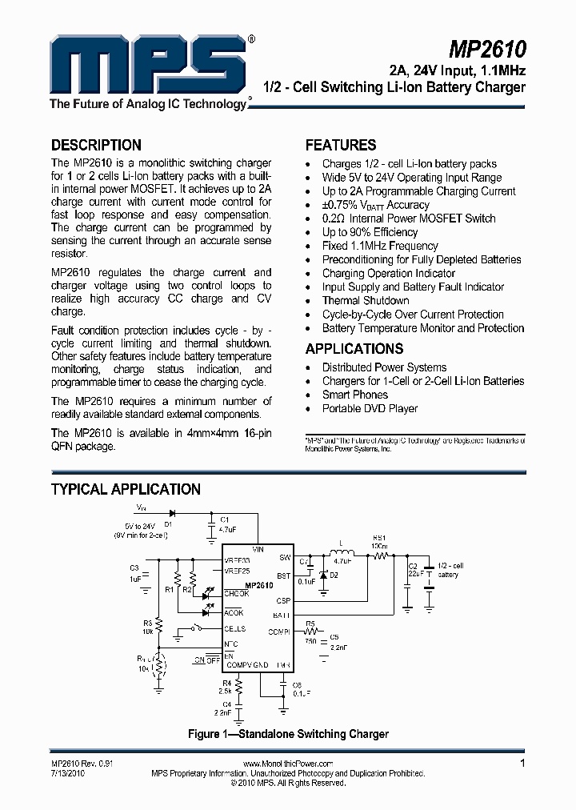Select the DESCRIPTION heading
click(x=96, y=146)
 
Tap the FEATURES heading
click(x=340, y=146)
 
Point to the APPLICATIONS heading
click(x=354, y=349)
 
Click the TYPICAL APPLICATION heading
click(x=126, y=489)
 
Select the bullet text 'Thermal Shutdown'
click(x=365, y=301)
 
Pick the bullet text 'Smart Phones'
click(x=354, y=395)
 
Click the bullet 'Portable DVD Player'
click(x=370, y=408)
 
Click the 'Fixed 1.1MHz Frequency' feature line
click(x=380, y=246)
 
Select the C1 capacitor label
click(x=225, y=520)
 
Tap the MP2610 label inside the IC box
click(x=260, y=586)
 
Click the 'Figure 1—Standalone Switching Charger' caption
click(x=288, y=734)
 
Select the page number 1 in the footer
click(x=523, y=764)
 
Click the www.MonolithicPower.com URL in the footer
click(x=287, y=764)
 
